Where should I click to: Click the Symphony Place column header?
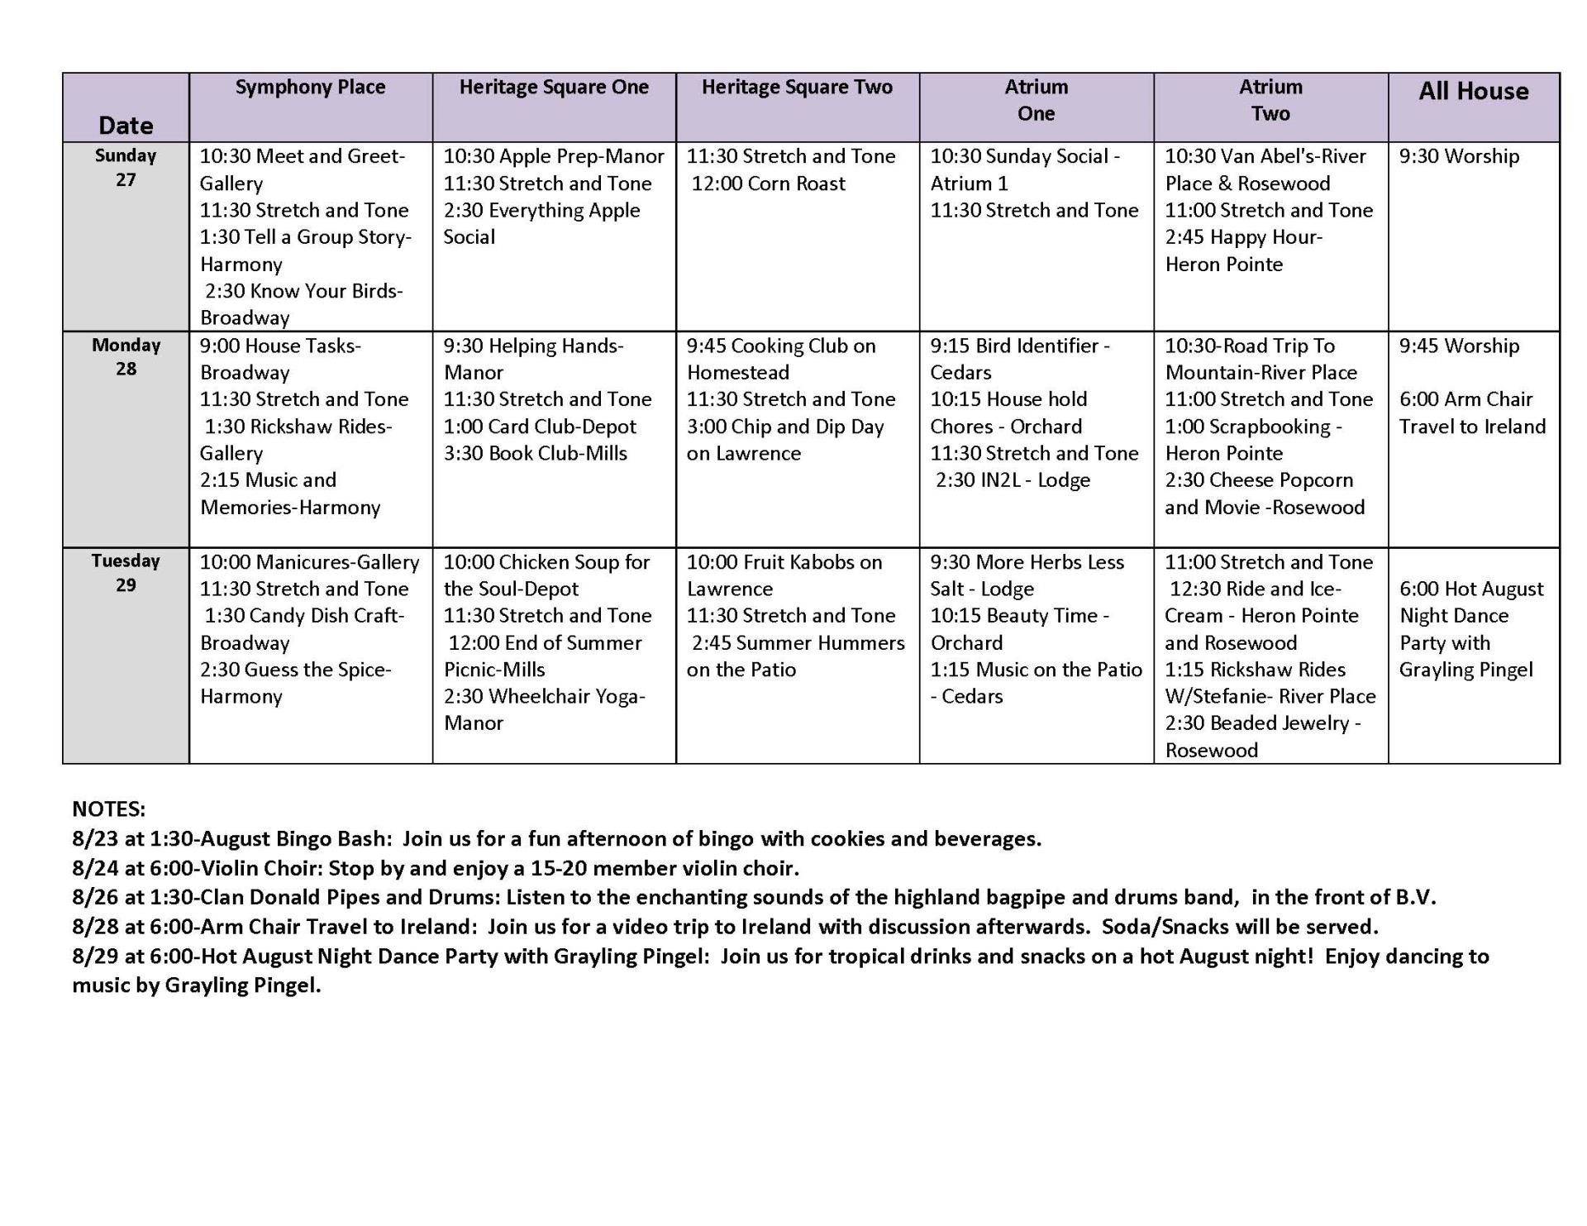310,88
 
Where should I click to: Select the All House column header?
1473,92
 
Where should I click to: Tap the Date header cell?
126,126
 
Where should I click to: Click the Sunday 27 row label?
126,167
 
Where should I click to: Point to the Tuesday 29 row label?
126,572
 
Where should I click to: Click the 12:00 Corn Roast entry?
768,184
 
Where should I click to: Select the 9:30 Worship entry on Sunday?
1459,156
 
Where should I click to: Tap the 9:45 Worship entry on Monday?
1459,346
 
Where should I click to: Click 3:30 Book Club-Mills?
535,453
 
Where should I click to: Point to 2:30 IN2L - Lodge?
1013,480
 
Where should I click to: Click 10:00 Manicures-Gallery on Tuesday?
309,562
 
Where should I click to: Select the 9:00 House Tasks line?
280,346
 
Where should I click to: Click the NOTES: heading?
108,809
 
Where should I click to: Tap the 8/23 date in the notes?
95,838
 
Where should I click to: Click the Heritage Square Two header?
797,88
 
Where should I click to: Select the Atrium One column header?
1036,100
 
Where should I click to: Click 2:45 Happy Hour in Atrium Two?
1243,237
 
